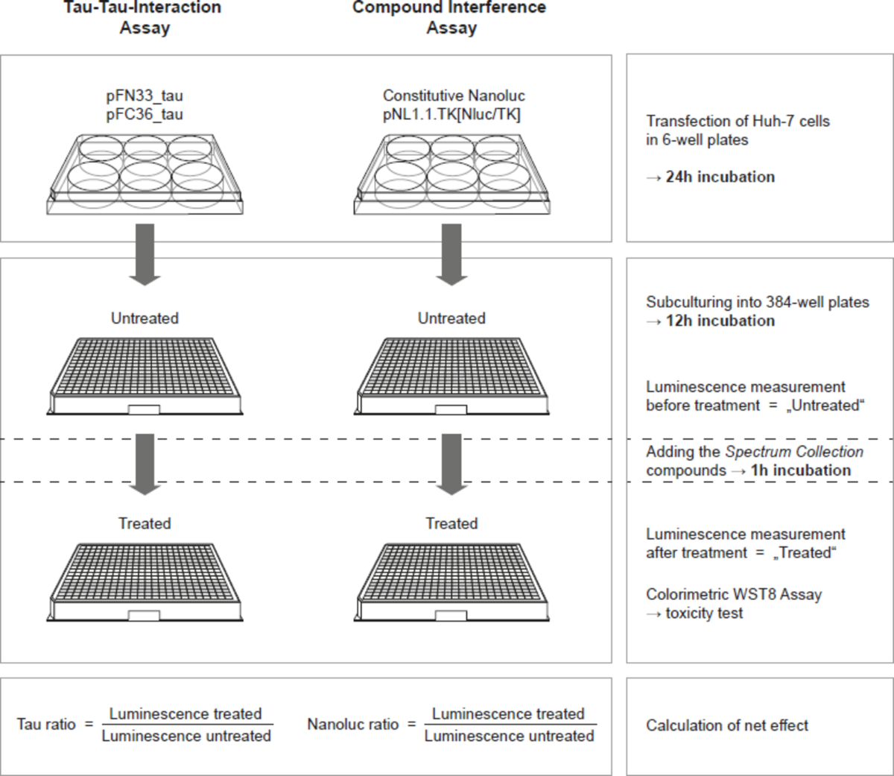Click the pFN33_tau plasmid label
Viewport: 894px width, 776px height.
click(145, 95)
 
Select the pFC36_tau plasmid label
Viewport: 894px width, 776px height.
click(145, 115)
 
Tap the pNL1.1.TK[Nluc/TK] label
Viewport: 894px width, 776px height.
click(451, 115)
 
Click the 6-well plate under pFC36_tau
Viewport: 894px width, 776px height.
click(145, 174)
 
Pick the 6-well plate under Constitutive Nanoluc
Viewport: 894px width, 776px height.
click(451, 174)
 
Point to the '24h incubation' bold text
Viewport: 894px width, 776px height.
click(720, 177)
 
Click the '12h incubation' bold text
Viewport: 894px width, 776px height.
click(720, 321)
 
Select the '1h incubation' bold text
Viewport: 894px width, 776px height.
click(801, 470)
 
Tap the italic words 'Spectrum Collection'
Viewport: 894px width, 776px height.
click(794, 452)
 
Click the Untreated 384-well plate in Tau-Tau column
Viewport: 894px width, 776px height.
click(145, 376)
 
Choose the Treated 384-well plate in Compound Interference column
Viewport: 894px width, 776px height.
click(451, 582)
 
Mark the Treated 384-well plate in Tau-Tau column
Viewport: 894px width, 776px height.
click(145, 582)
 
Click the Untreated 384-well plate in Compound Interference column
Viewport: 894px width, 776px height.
click(451, 376)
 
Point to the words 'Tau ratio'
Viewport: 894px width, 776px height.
click(46, 725)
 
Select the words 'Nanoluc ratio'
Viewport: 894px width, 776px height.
click(353, 725)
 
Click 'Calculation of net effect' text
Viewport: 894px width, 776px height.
click(727, 725)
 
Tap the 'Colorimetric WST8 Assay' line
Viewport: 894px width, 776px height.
click(734, 595)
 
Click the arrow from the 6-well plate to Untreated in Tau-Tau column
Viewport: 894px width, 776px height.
click(145, 255)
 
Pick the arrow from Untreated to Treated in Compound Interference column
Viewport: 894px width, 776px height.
click(451, 464)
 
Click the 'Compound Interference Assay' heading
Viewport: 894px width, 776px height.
click(450, 17)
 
